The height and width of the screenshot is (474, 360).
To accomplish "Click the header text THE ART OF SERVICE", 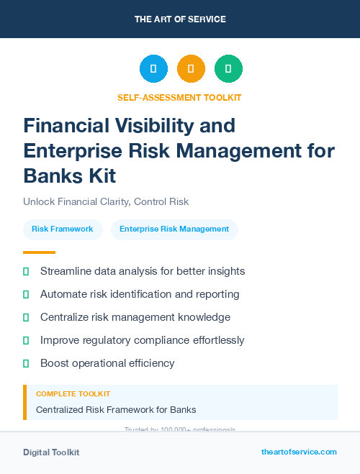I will click(x=180, y=19).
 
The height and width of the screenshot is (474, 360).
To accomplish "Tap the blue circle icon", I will click(x=153, y=69).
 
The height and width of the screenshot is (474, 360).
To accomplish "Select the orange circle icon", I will click(x=191, y=69).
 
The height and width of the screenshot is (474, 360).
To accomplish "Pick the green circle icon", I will click(x=228, y=69).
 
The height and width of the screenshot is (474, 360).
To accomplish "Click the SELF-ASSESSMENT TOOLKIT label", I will click(x=180, y=97).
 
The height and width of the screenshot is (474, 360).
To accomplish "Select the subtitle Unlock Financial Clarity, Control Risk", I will click(x=106, y=201).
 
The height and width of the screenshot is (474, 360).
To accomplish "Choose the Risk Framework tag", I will click(x=63, y=229).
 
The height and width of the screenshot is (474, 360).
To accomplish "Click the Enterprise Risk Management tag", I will click(x=174, y=229).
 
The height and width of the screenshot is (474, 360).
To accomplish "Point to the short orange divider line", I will click(x=39, y=252).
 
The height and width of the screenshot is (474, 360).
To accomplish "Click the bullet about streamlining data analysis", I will click(x=143, y=271).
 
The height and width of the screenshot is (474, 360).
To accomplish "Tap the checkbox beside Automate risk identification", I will click(x=27, y=294).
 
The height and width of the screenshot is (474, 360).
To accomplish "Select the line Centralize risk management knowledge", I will click(x=135, y=317).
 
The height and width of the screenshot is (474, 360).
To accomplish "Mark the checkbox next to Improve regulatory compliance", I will click(x=27, y=340).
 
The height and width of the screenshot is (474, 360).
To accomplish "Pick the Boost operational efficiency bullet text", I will click(x=107, y=363).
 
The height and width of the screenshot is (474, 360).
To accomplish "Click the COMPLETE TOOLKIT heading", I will click(x=73, y=394).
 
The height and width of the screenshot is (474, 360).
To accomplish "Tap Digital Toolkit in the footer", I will click(x=51, y=452).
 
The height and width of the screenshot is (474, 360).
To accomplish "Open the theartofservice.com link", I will click(x=299, y=452).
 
